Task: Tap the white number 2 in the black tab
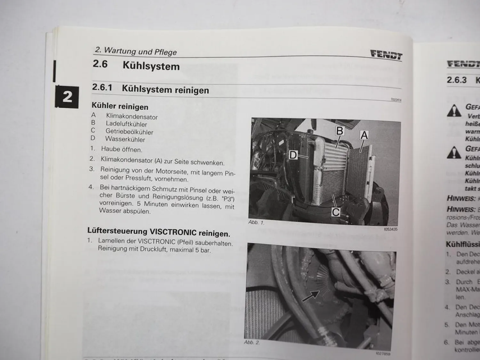coord(67,97)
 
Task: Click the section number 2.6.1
coord(102,87)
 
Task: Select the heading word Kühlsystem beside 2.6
coord(151,66)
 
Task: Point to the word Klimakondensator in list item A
coord(132,116)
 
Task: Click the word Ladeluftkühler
coord(126,124)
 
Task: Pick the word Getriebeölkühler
coord(129,132)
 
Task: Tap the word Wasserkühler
coord(125,140)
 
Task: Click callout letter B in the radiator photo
coord(340,131)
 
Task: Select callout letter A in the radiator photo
coord(364,135)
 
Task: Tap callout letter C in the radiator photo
coord(336,212)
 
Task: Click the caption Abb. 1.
coord(256,222)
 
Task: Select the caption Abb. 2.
coord(252,342)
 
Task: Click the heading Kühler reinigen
coord(120,106)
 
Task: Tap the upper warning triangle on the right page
coord(454,111)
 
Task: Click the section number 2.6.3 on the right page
coord(457,80)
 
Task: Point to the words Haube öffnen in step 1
coord(122,149)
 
